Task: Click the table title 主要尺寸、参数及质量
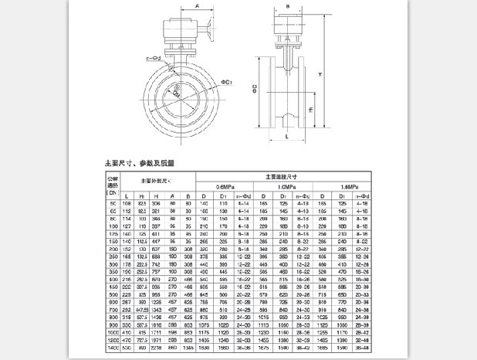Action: [140, 165]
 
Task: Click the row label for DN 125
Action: [113, 233]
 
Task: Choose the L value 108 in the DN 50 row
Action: [126, 204]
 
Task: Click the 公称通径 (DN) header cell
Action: [113, 185]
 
